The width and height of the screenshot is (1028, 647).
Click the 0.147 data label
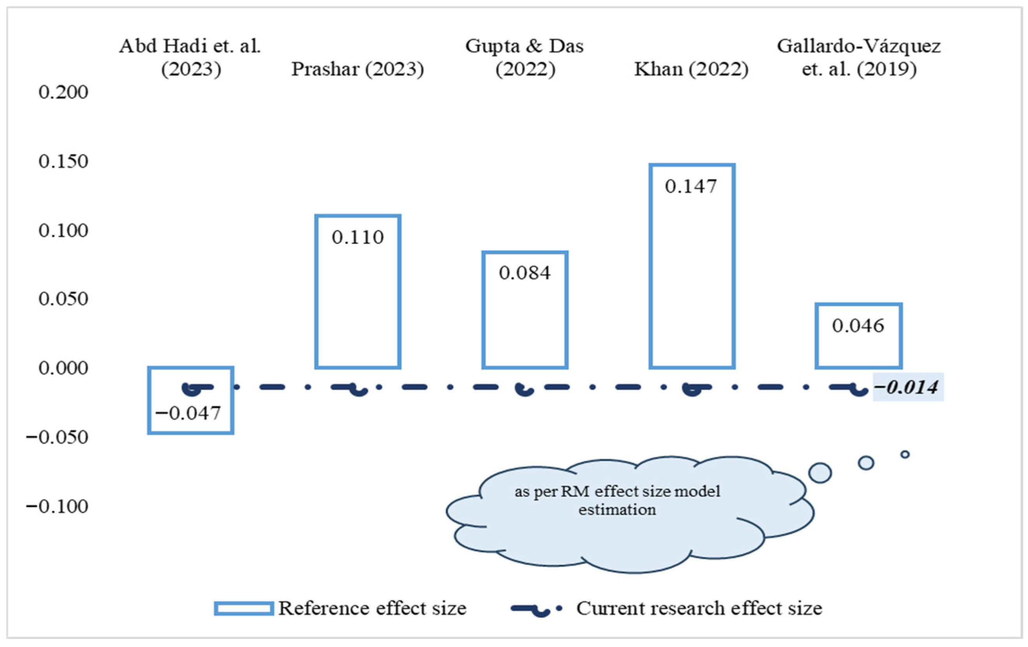pos(691,187)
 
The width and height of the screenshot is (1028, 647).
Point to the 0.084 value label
pos(525,273)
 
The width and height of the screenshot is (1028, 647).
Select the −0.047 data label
pos(188,414)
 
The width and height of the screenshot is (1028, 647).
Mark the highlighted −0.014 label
pos(908,387)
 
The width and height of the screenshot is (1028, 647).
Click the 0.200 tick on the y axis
pos(63,92)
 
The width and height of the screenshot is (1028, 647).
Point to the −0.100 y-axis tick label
pos(57,507)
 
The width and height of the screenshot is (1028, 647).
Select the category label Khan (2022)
pos(691,69)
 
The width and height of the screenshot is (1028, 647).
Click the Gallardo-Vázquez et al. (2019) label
pos(859,58)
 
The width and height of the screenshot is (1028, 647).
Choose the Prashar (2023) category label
pos(358,69)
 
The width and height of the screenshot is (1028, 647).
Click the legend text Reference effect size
pos(372,608)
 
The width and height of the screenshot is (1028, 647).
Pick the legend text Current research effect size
pos(699,608)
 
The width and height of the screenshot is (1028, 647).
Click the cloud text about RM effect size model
pos(617,500)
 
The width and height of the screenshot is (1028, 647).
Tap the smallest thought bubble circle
pos(905,454)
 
